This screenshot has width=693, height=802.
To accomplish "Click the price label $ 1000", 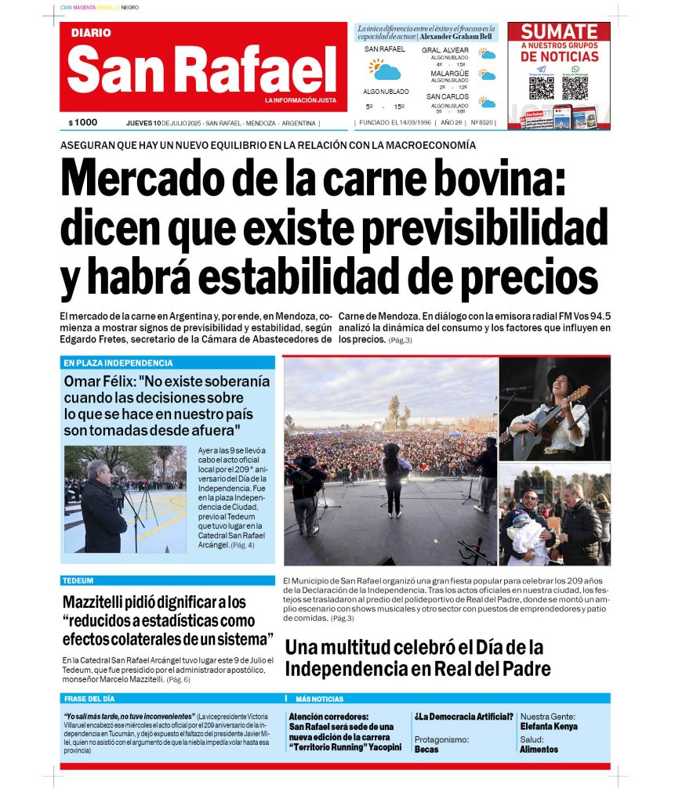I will coord(83,123).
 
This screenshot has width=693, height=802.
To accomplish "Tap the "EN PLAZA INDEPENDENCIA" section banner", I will coord(118,363).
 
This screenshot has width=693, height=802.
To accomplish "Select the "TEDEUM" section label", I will coord(78,581).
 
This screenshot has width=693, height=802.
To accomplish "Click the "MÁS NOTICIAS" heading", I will coord(319,699).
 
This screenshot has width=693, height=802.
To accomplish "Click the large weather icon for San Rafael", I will coord(385,70).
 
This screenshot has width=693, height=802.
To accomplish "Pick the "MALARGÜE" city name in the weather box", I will coord(449,74).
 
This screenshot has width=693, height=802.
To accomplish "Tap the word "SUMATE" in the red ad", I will coord(560,32).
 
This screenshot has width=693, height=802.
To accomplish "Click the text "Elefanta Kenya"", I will coord(549,727).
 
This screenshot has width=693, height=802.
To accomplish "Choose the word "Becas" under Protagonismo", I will coord(426,750).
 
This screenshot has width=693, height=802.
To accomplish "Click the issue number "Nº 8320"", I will coord(482,123).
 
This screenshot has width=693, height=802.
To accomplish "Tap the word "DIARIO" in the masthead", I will coord(91,33).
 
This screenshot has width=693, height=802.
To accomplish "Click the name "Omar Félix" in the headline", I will coord(101,382).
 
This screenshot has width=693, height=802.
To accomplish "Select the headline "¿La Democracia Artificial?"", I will coord(463,717).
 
